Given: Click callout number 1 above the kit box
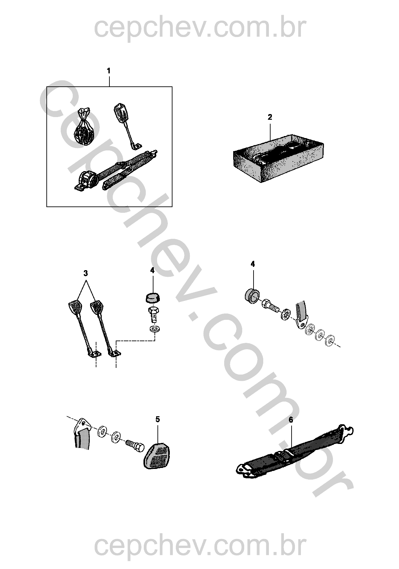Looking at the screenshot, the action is coord(109,71).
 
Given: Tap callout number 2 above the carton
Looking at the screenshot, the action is coord(270,117).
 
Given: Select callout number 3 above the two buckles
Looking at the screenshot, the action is coord(86,273).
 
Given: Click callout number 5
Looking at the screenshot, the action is coord(157,419).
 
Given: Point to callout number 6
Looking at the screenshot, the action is coord(291,420).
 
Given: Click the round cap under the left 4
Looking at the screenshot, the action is coord(152,298).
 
